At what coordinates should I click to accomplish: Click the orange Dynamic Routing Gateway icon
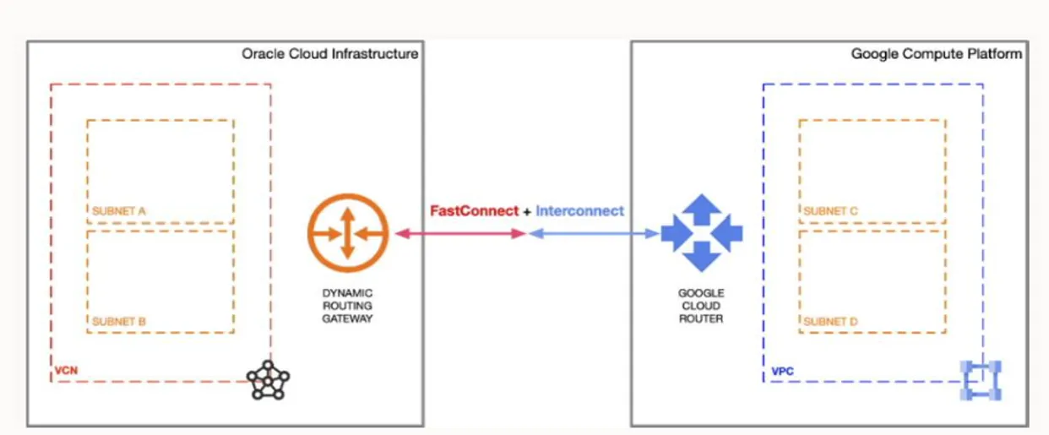(x=348, y=233)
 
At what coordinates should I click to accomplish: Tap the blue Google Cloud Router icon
(x=702, y=233)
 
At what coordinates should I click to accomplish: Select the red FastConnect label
(x=474, y=211)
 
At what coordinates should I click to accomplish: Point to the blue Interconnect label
(x=579, y=211)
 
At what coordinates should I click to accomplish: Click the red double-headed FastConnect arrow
(x=461, y=233)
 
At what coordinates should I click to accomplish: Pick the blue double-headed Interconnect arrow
(x=594, y=233)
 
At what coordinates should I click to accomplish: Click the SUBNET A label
(x=119, y=211)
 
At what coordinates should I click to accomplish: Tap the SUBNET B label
(x=119, y=322)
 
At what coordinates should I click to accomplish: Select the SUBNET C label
(x=831, y=211)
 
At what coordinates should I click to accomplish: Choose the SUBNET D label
(x=831, y=322)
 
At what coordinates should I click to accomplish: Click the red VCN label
(x=66, y=371)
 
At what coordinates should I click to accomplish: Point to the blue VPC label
(x=783, y=372)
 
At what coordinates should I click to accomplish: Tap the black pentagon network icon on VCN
(x=268, y=380)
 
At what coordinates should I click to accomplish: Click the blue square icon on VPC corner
(x=981, y=380)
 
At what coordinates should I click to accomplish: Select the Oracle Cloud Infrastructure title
(x=330, y=54)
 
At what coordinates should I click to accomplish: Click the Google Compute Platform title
(x=937, y=54)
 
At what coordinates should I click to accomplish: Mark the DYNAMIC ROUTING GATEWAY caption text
(x=347, y=306)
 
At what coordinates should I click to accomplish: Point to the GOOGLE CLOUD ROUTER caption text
(x=701, y=306)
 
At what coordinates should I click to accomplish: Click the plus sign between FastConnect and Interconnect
(x=527, y=212)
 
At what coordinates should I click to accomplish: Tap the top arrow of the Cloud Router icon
(x=702, y=209)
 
